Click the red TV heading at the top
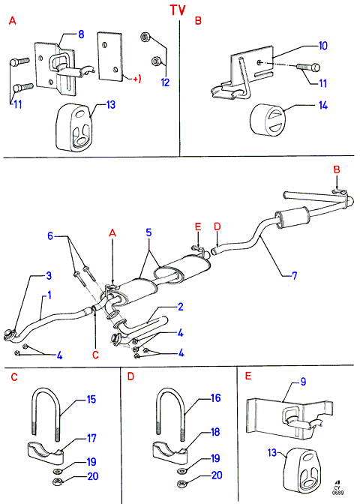pos(178,10)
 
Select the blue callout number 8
pos(81,34)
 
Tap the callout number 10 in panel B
pos(322,46)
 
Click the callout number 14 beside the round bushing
pos(322,105)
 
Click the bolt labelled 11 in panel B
pos(308,67)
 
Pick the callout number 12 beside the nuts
pos(165,82)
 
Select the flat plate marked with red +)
pos(110,56)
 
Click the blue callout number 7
pos(295,275)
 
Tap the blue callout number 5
pos(148,232)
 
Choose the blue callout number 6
pos(50,236)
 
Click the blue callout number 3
pos(49,275)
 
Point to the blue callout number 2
pos(181,307)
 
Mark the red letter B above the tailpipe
pos(337,169)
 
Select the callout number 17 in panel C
pos(91,438)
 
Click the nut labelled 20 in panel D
pos(181,484)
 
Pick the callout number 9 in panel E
pos(303,382)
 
